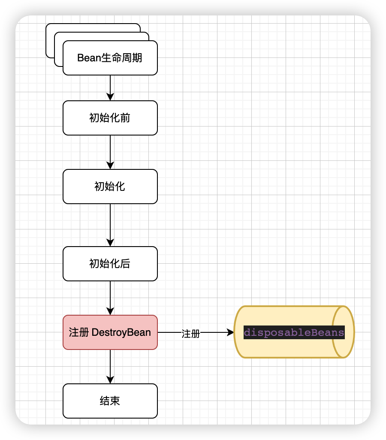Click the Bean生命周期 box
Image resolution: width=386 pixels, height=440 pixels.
[x=110, y=58]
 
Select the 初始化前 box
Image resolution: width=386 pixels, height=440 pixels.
[x=110, y=118]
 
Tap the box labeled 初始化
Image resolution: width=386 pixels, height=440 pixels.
[x=110, y=187]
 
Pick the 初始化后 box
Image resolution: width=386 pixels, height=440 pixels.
[x=110, y=264]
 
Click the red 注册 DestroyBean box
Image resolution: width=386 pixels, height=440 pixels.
[x=110, y=332]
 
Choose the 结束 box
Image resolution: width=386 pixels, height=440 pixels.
[x=110, y=401]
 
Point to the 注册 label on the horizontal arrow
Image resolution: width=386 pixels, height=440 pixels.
[x=191, y=334]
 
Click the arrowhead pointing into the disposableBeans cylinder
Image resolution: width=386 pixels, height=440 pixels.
[x=230, y=332]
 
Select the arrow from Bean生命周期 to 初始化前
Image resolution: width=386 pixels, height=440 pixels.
[x=110, y=88]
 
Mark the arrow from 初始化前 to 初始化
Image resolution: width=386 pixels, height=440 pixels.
[x=110, y=152]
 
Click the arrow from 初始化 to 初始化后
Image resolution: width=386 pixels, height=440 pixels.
[x=110, y=225]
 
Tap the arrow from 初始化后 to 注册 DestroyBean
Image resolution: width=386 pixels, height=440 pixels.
[x=110, y=298]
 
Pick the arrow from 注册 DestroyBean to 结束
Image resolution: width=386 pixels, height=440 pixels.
[x=110, y=367]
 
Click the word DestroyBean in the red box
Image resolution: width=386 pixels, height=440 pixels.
[x=121, y=332]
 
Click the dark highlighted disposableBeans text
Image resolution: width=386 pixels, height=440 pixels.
[x=294, y=332]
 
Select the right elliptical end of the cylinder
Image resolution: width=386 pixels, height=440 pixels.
[x=344, y=332]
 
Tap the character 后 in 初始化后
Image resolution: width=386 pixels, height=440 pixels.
[x=125, y=264]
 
